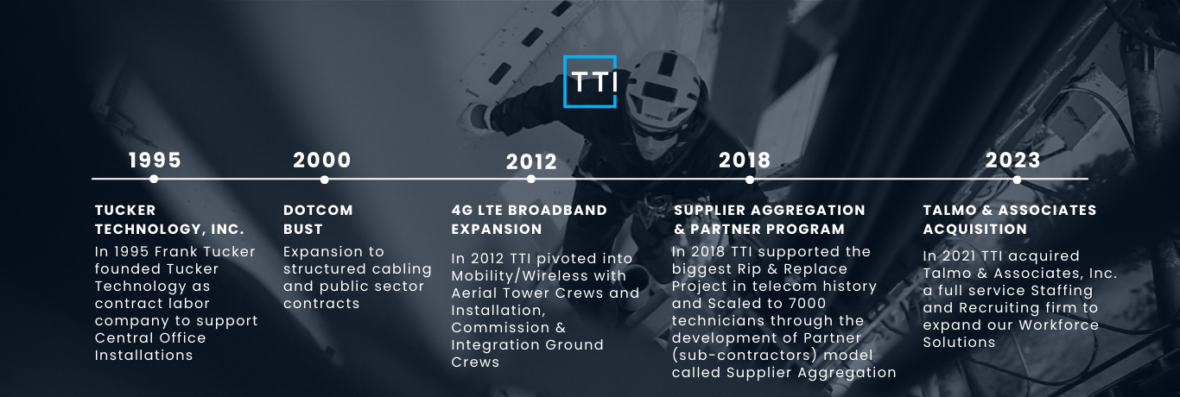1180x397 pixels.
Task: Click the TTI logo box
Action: [x=589, y=82]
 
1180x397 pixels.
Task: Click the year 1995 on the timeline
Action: [x=155, y=161]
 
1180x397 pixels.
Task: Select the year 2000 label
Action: [x=322, y=161]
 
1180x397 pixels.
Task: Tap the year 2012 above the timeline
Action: [x=531, y=162]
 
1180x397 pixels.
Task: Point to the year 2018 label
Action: [x=745, y=161]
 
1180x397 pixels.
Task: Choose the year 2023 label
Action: [x=1013, y=161]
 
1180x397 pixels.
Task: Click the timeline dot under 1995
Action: [x=154, y=180]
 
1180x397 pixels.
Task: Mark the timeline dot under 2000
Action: [x=324, y=180]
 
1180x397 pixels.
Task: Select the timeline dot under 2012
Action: [x=530, y=180]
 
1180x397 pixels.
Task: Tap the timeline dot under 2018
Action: [x=750, y=180]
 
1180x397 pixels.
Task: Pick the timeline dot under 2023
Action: [x=1017, y=180]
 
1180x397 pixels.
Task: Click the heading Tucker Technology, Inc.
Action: [x=169, y=219]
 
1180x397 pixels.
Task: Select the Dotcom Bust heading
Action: [x=318, y=219]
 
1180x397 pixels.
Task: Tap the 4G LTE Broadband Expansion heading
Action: [x=529, y=219]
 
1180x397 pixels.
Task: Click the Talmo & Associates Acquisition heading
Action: [x=1009, y=219]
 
